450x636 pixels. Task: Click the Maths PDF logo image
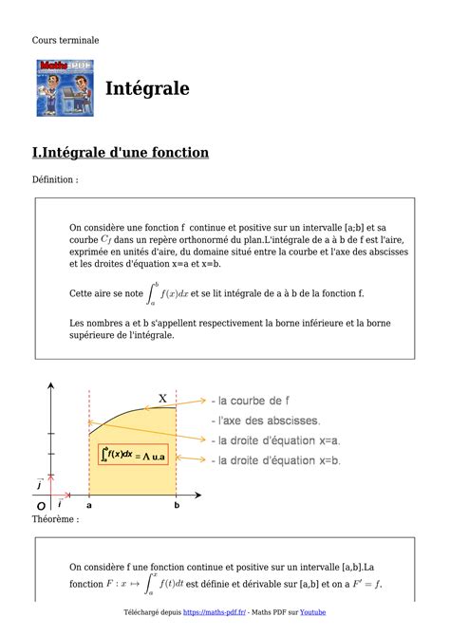(66, 88)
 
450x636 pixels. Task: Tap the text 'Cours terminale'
(65, 40)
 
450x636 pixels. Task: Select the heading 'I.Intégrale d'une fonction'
(120, 153)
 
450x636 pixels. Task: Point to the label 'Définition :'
(55, 179)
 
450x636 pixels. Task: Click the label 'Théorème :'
(55, 519)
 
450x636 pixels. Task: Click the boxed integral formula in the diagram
(133, 456)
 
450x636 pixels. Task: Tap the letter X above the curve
(162, 399)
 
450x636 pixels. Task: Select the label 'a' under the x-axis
(89, 507)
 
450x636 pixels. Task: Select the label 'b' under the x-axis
(177, 507)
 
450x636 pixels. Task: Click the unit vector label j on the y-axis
(39, 484)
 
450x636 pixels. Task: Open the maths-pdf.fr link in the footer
(214, 613)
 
